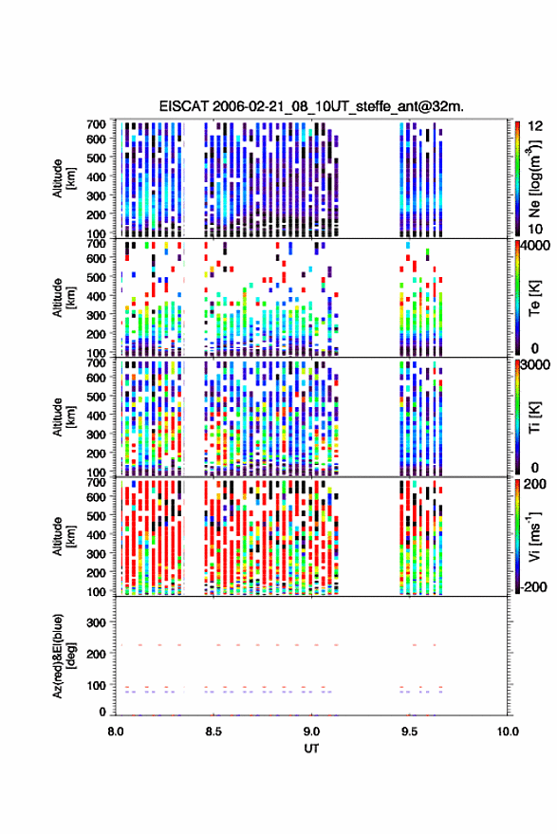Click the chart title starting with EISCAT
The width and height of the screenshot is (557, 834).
click(311, 106)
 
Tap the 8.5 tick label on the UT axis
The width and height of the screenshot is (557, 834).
click(214, 732)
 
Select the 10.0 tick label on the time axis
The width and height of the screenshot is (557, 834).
click(508, 732)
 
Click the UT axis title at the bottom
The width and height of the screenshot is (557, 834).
click(311, 749)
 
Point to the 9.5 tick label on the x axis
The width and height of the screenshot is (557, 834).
click(409, 732)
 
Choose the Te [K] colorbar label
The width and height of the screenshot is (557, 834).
click(534, 298)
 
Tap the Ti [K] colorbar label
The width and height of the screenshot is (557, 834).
click(534, 417)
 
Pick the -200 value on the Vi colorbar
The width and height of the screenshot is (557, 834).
click(534, 587)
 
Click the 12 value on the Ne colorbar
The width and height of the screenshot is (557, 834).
click(535, 126)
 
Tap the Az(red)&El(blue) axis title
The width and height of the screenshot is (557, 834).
click(64, 656)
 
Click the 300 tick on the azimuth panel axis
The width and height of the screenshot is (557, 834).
click(96, 622)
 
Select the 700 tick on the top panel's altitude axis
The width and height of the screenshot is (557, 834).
click(96, 124)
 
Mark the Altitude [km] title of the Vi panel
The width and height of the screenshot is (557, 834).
click(64, 536)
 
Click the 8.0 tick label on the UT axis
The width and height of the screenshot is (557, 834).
click(116, 732)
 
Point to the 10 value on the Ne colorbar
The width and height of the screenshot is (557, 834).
click(535, 230)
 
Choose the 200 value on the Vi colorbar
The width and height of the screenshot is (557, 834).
click(535, 485)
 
